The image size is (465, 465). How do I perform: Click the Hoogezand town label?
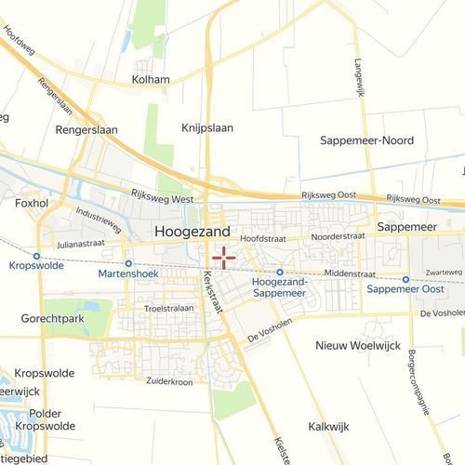193,231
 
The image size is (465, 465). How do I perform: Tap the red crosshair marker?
223,257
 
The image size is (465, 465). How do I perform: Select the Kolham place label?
152,80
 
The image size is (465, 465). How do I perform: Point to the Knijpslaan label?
206,128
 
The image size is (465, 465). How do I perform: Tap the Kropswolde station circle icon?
36,256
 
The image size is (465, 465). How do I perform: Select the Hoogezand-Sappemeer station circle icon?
280,272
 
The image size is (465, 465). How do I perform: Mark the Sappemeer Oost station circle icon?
406,279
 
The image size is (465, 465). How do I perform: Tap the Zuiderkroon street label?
168,381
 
